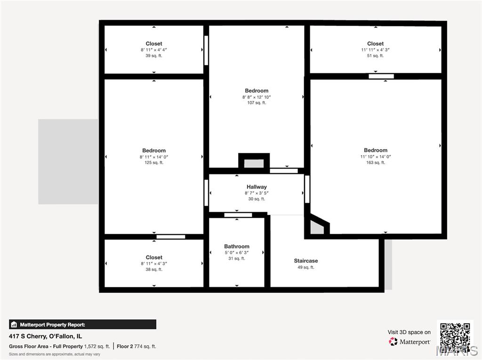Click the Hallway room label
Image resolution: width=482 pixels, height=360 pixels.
tap(257, 187)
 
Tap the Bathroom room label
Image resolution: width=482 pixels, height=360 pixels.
tap(237, 246)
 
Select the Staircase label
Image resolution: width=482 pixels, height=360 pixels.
tap(306, 261)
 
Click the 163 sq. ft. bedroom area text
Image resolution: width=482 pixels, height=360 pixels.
tap(375, 162)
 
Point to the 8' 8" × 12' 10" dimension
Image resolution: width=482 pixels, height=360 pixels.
tap(257, 97)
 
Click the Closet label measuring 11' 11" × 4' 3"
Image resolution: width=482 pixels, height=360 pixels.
tap(375, 43)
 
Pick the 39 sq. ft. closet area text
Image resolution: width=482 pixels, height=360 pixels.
tap(154, 56)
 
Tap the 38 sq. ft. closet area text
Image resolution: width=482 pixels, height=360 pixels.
tap(154, 269)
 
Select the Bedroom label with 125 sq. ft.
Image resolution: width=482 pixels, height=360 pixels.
tap(154, 150)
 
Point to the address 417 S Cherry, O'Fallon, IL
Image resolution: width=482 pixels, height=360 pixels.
tap(46, 336)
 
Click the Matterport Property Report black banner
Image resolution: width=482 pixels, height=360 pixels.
tap(82, 324)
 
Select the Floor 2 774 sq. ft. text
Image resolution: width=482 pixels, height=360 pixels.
tap(136, 346)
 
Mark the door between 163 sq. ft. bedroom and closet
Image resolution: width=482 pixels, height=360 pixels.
tap(381, 76)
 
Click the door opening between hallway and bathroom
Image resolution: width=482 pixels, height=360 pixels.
tap(238, 215)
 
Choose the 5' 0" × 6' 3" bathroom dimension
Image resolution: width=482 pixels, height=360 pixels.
tap(237, 252)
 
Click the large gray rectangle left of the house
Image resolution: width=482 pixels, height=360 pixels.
tap(68, 162)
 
